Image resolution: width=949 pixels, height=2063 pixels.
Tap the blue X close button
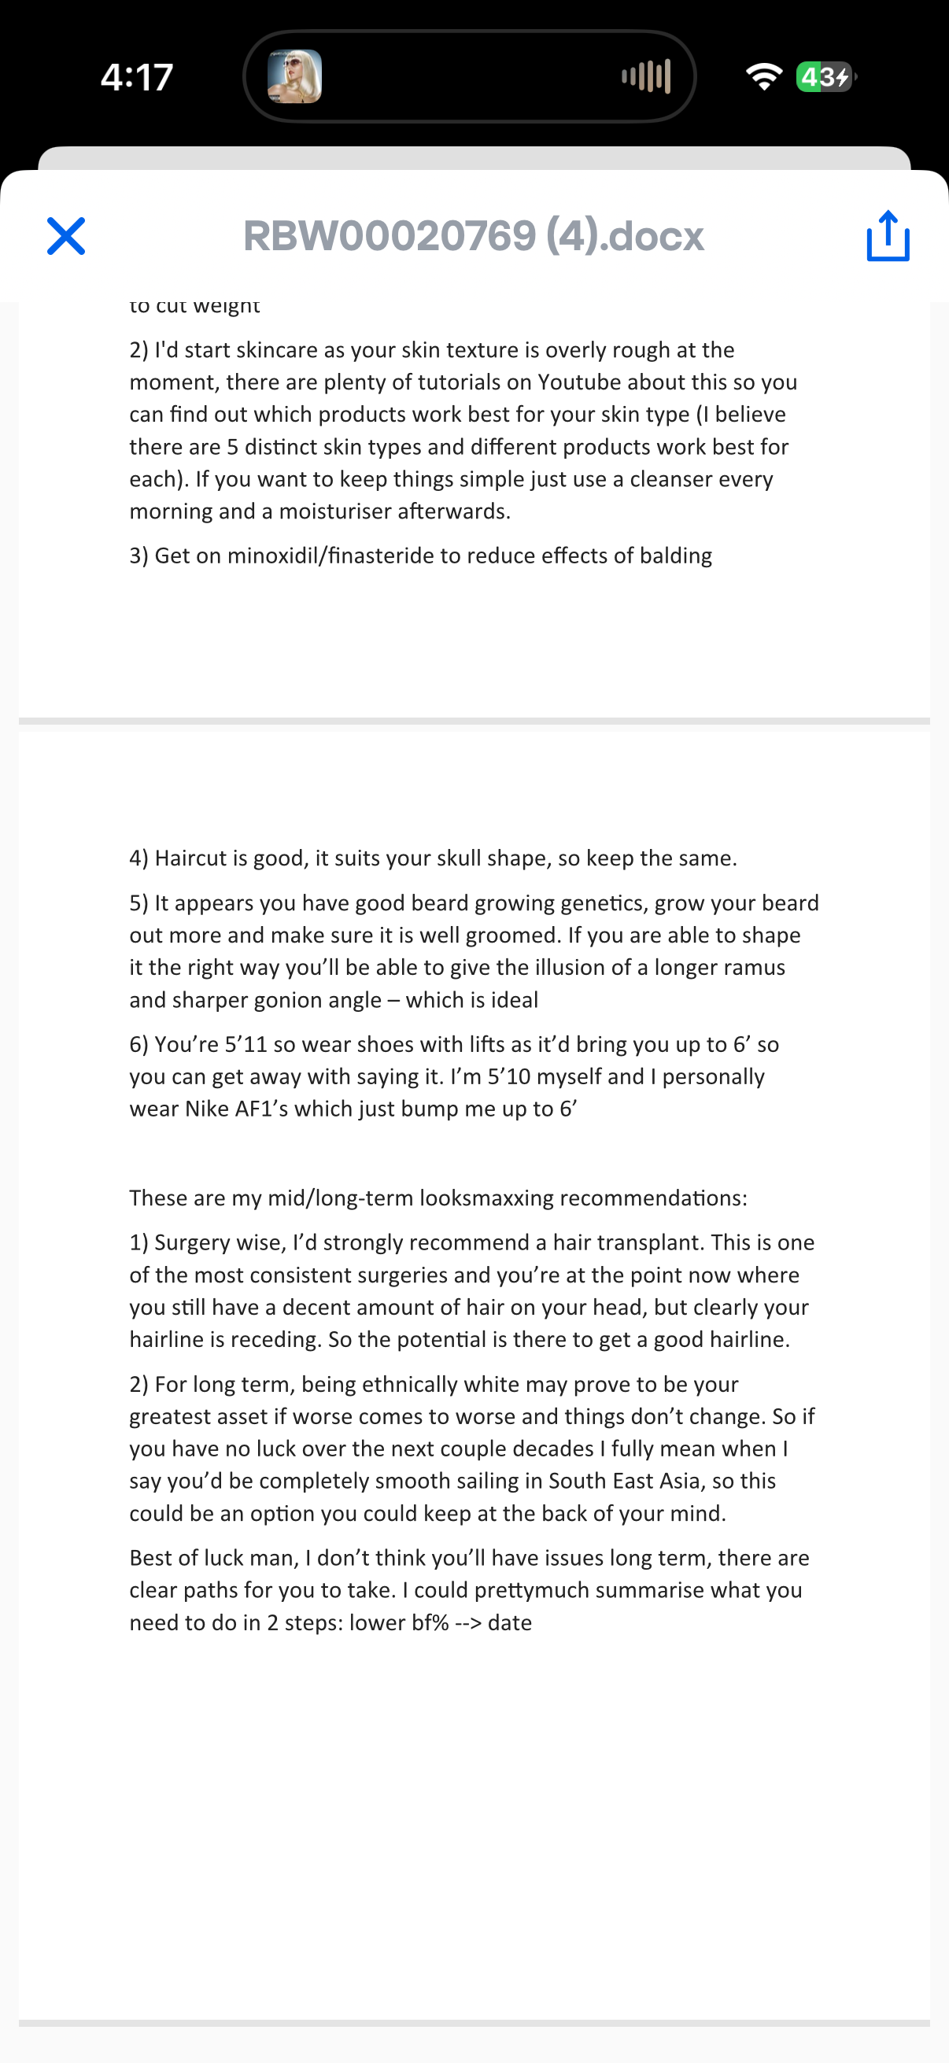65,236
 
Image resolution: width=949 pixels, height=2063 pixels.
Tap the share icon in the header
888,236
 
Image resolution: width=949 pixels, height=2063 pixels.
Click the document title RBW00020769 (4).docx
473,236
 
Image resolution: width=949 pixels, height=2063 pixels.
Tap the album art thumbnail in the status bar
295,77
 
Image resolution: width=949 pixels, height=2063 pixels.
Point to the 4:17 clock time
137,78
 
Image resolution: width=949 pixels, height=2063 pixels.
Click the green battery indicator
825,77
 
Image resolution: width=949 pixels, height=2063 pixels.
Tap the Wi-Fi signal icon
763,77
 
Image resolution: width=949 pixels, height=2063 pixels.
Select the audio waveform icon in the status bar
645,77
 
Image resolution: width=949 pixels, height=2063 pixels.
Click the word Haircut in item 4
190,858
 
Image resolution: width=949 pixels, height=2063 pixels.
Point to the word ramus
754,968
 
